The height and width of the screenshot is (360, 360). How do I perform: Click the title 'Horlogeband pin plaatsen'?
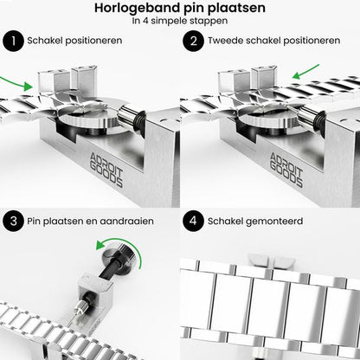pyautogui.click(x=180, y=10)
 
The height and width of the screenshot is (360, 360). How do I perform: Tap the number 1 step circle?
pyautogui.click(x=13, y=40)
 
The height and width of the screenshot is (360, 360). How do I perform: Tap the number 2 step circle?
pyautogui.click(x=192, y=40)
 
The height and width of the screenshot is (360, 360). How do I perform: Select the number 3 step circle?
pyautogui.click(x=13, y=221)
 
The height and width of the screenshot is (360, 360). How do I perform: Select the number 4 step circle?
pyautogui.click(x=192, y=221)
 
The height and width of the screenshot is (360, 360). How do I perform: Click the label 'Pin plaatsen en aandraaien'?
pyautogui.click(x=91, y=221)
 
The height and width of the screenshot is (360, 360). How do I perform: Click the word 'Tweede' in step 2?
pyautogui.click(x=227, y=40)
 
